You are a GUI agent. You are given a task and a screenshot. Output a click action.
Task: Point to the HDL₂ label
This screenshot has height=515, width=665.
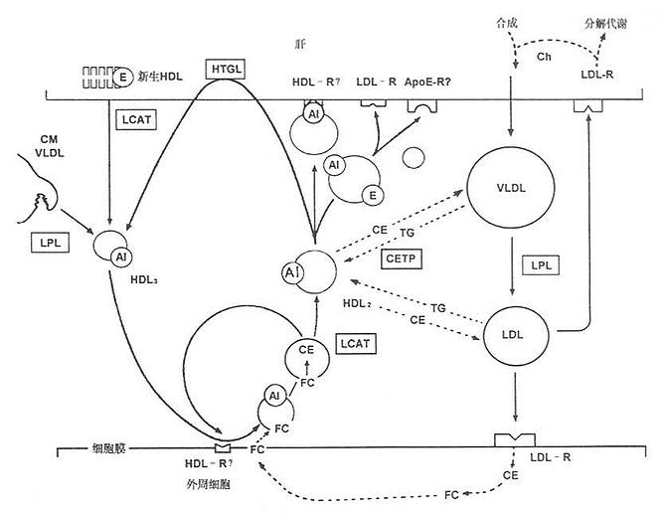click(x=356, y=302)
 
